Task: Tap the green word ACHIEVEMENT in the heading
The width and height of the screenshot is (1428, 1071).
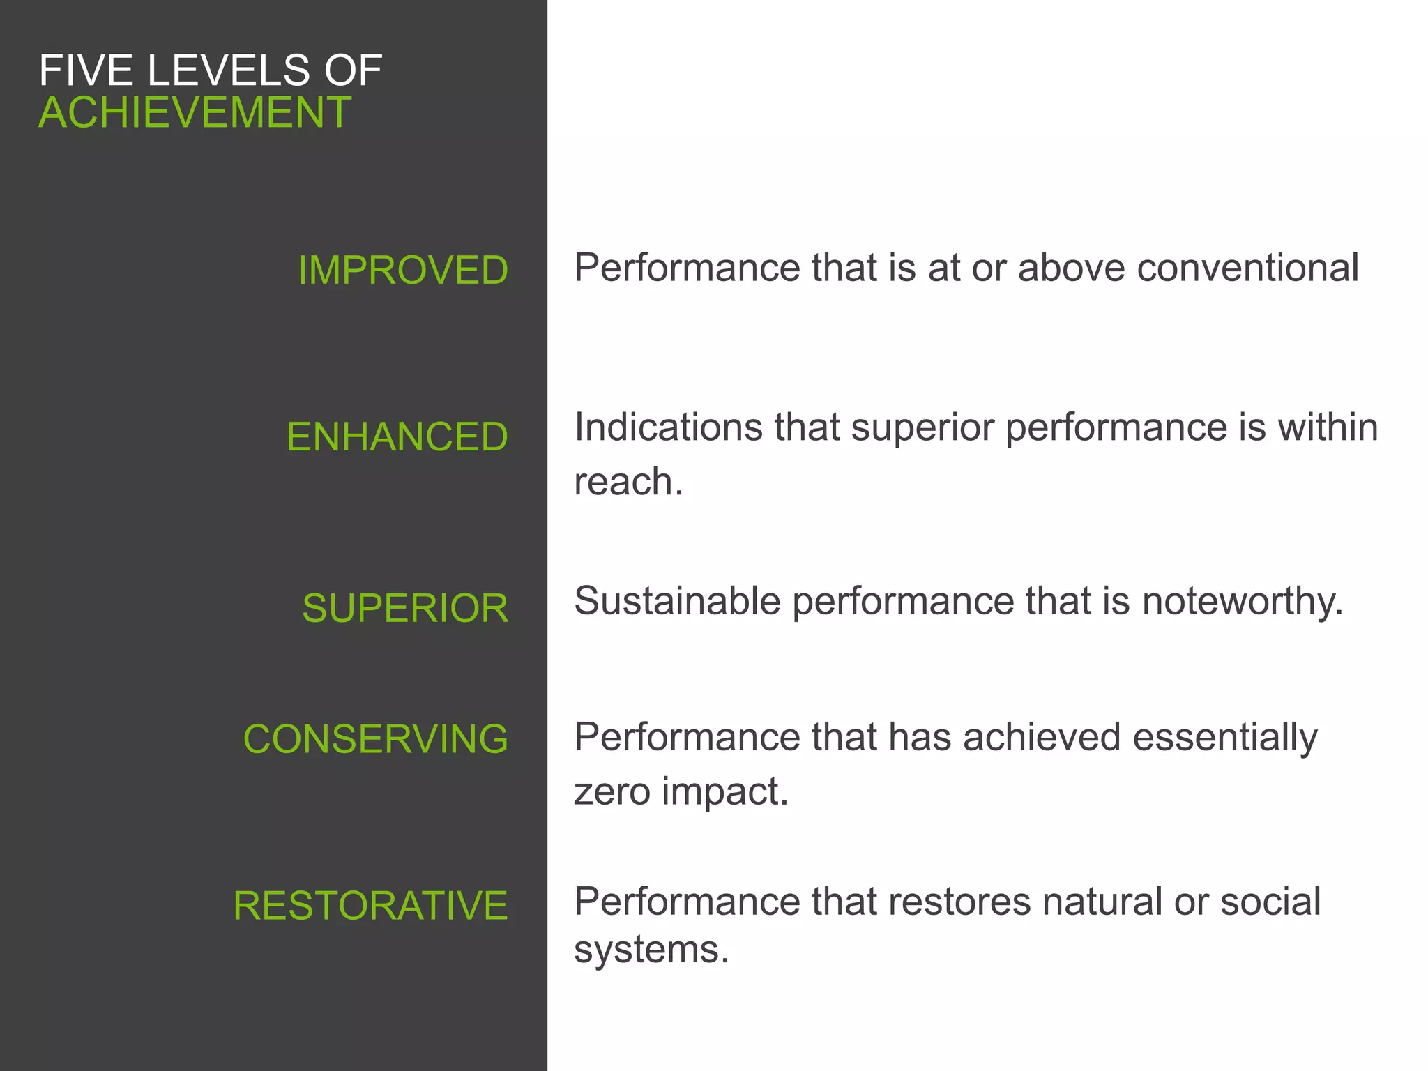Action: pyautogui.click(x=195, y=113)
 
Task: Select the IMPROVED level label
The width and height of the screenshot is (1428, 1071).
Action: pyautogui.click(x=403, y=270)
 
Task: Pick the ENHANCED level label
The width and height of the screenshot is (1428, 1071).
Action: pyautogui.click(x=397, y=437)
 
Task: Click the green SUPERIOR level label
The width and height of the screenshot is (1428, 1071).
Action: pyautogui.click(x=405, y=608)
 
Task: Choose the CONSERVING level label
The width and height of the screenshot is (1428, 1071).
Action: pyautogui.click(x=376, y=739)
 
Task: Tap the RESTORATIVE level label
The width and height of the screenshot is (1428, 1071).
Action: pyautogui.click(x=370, y=906)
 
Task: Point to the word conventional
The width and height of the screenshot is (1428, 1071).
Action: pyautogui.click(x=1247, y=268)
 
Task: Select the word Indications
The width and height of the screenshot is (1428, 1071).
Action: pyautogui.click(x=668, y=427)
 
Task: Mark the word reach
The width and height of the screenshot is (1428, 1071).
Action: pyautogui.click(x=628, y=482)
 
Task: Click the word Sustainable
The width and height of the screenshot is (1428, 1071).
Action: pyautogui.click(x=677, y=601)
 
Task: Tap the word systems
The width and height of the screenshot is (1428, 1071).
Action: pyautogui.click(x=651, y=950)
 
